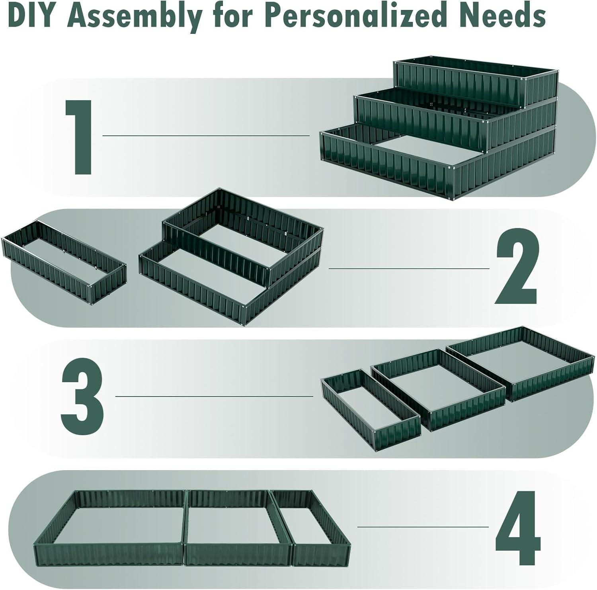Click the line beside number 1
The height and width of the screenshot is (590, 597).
[206, 136]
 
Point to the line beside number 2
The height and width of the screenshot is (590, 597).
[409, 268]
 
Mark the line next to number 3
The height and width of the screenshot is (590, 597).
[214, 397]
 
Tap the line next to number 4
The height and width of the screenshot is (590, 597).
[423, 527]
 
